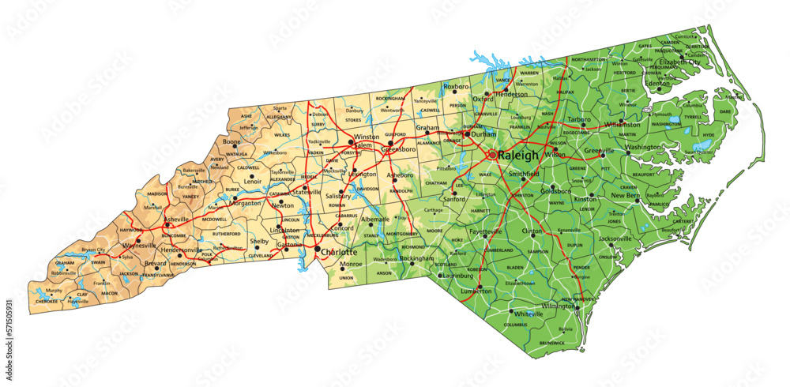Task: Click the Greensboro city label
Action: pyautogui.click(x=400, y=148)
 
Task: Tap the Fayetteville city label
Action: pyautogui.click(x=486, y=231)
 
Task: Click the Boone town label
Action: pyautogui.click(x=231, y=141)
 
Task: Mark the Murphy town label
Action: pyautogui.click(x=54, y=290)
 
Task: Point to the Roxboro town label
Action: pyautogui.click(x=456, y=85)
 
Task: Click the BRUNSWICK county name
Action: pyautogui.click(x=551, y=343)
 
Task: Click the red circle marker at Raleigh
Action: pyautogui.click(x=493, y=155)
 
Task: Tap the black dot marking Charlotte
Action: pyautogui.click(x=318, y=250)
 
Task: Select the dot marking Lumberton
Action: pyautogui.click(x=480, y=286)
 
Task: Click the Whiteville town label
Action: pyautogui.click(x=529, y=314)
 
